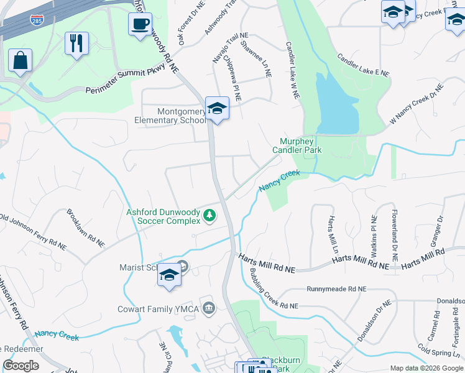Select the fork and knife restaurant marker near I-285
coord(76,43)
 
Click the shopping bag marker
coord(20,61)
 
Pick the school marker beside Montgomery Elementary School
coord(217,108)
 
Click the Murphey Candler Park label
coord(295,145)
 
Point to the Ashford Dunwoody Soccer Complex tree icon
coord(210,216)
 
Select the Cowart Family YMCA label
coord(159,309)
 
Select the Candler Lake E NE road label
coord(363,65)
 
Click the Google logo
coord(21,366)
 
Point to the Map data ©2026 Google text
coord(426,368)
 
